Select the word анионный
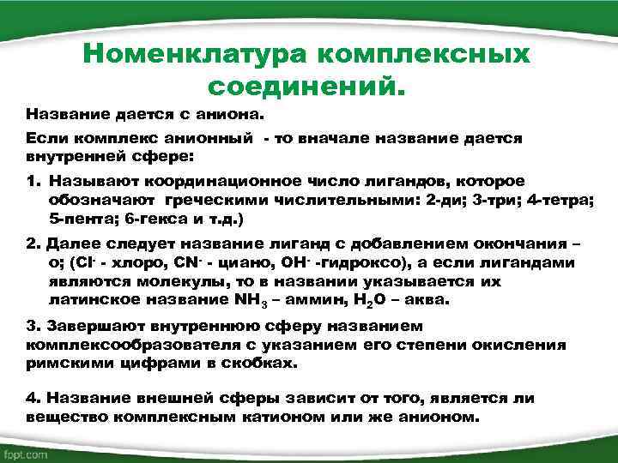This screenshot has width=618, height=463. (x=210, y=138)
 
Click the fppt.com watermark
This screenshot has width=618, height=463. (x=25, y=452)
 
